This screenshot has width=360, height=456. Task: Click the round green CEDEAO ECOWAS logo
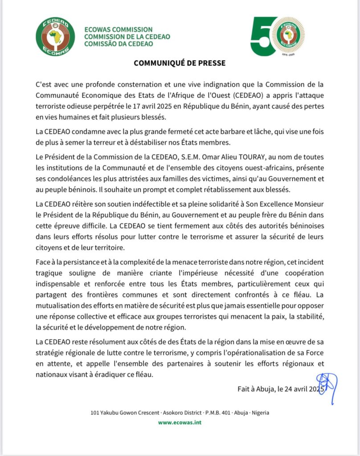tap(55, 37)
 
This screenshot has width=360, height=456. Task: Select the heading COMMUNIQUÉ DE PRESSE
tap(180, 63)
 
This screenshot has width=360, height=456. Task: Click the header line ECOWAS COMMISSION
tap(115, 29)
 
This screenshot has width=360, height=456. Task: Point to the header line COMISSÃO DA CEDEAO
tap(119, 44)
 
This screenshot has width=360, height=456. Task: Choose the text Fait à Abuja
tap(257, 388)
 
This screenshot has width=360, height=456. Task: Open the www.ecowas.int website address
tap(180, 422)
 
